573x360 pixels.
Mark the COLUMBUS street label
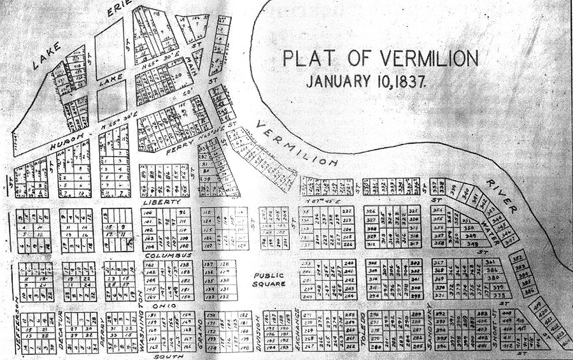click(x=167, y=256)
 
